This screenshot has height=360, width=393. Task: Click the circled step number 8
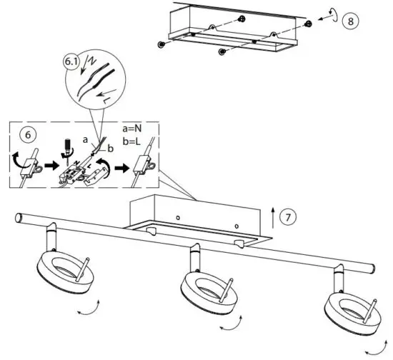[349, 21]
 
